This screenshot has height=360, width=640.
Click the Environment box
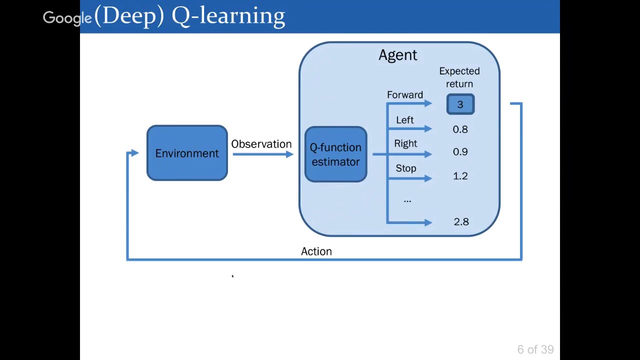[x=187, y=153]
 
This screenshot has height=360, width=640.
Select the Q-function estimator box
[x=335, y=154]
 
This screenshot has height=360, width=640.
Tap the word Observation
[x=261, y=144]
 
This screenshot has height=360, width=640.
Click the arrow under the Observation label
[x=262, y=154]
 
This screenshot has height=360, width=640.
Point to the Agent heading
[x=397, y=55]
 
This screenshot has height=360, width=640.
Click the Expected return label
[x=459, y=77]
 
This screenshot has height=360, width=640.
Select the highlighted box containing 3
[x=460, y=104]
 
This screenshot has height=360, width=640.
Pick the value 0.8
[x=460, y=129]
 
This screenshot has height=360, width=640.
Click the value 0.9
[x=460, y=152]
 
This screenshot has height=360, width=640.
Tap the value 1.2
[x=460, y=176]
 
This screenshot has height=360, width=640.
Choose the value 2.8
[x=461, y=222]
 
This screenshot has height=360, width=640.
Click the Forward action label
[x=404, y=95]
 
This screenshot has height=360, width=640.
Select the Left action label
[x=404, y=120]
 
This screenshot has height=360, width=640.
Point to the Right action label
[x=405, y=143]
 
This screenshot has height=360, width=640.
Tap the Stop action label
[x=405, y=168]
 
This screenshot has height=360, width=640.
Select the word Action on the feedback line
[x=316, y=251]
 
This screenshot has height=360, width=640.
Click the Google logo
[x=67, y=18]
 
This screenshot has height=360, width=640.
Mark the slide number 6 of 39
[x=535, y=349]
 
